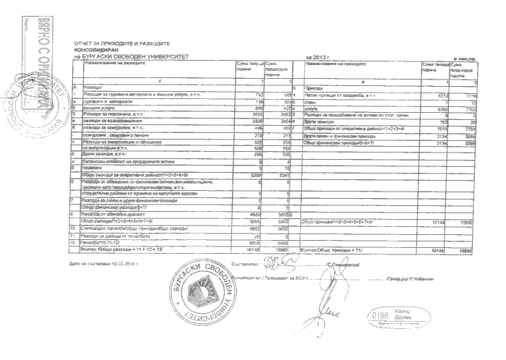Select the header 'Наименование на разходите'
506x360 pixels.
115,64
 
